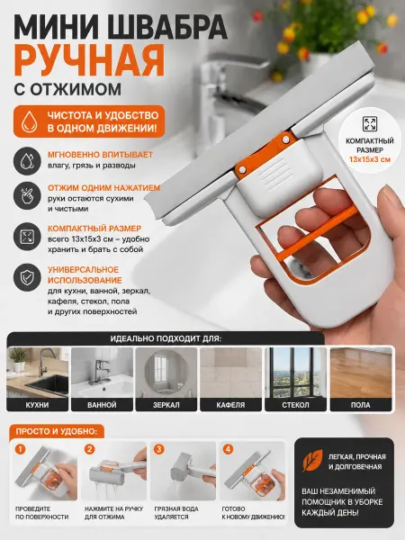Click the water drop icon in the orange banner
30,121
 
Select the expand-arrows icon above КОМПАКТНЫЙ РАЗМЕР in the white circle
370,123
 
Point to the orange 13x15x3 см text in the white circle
370,160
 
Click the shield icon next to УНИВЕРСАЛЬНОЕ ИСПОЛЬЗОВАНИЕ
27,277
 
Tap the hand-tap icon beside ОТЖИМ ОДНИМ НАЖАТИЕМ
27,195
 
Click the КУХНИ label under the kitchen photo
37,405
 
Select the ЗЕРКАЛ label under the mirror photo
166,405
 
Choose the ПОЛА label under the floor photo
361,405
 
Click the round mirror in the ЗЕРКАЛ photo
166,371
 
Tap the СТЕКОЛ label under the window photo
295,405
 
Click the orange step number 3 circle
158,449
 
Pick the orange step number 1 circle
21,449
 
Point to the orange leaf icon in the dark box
312,460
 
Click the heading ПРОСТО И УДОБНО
55,431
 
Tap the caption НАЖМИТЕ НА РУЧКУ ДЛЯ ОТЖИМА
113,513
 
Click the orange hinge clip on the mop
265,153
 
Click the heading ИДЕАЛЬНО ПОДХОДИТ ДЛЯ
166,338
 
